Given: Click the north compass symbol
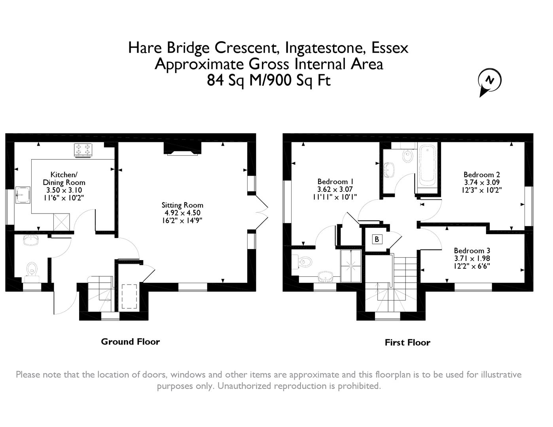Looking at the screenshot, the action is (x=489, y=81).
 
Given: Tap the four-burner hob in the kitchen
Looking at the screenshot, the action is (x=83, y=150).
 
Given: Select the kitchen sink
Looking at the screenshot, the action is (x=23, y=195).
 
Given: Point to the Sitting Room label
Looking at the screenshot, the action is (x=182, y=205).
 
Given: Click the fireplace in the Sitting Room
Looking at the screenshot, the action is (x=182, y=148).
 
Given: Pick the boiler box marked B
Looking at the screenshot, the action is (x=377, y=239).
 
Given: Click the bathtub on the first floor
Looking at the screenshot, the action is (x=427, y=166).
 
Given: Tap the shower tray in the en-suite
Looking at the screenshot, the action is (x=351, y=266).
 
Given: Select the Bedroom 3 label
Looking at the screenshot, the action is (x=472, y=251).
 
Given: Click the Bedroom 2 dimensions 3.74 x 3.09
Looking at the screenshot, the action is (x=482, y=182).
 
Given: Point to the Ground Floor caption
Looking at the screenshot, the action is (x=130, y=342).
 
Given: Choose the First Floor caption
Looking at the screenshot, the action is (x=407, y=342).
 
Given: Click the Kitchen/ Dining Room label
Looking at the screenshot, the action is (x=64, y=179).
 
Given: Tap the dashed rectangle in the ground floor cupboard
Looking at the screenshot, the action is (x=129, y=296).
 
